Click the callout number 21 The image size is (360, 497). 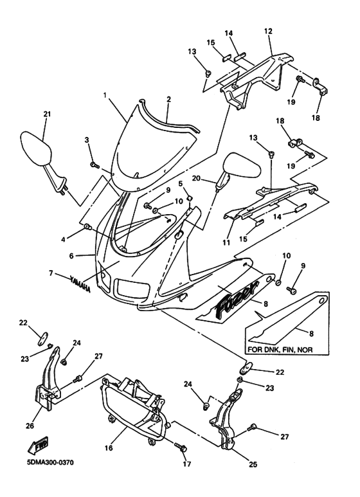(47, 114)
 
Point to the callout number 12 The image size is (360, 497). (268, 31)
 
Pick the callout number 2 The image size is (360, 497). (168, 100)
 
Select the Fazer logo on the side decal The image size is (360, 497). (237, 298)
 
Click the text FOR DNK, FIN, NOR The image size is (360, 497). (281, 351)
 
